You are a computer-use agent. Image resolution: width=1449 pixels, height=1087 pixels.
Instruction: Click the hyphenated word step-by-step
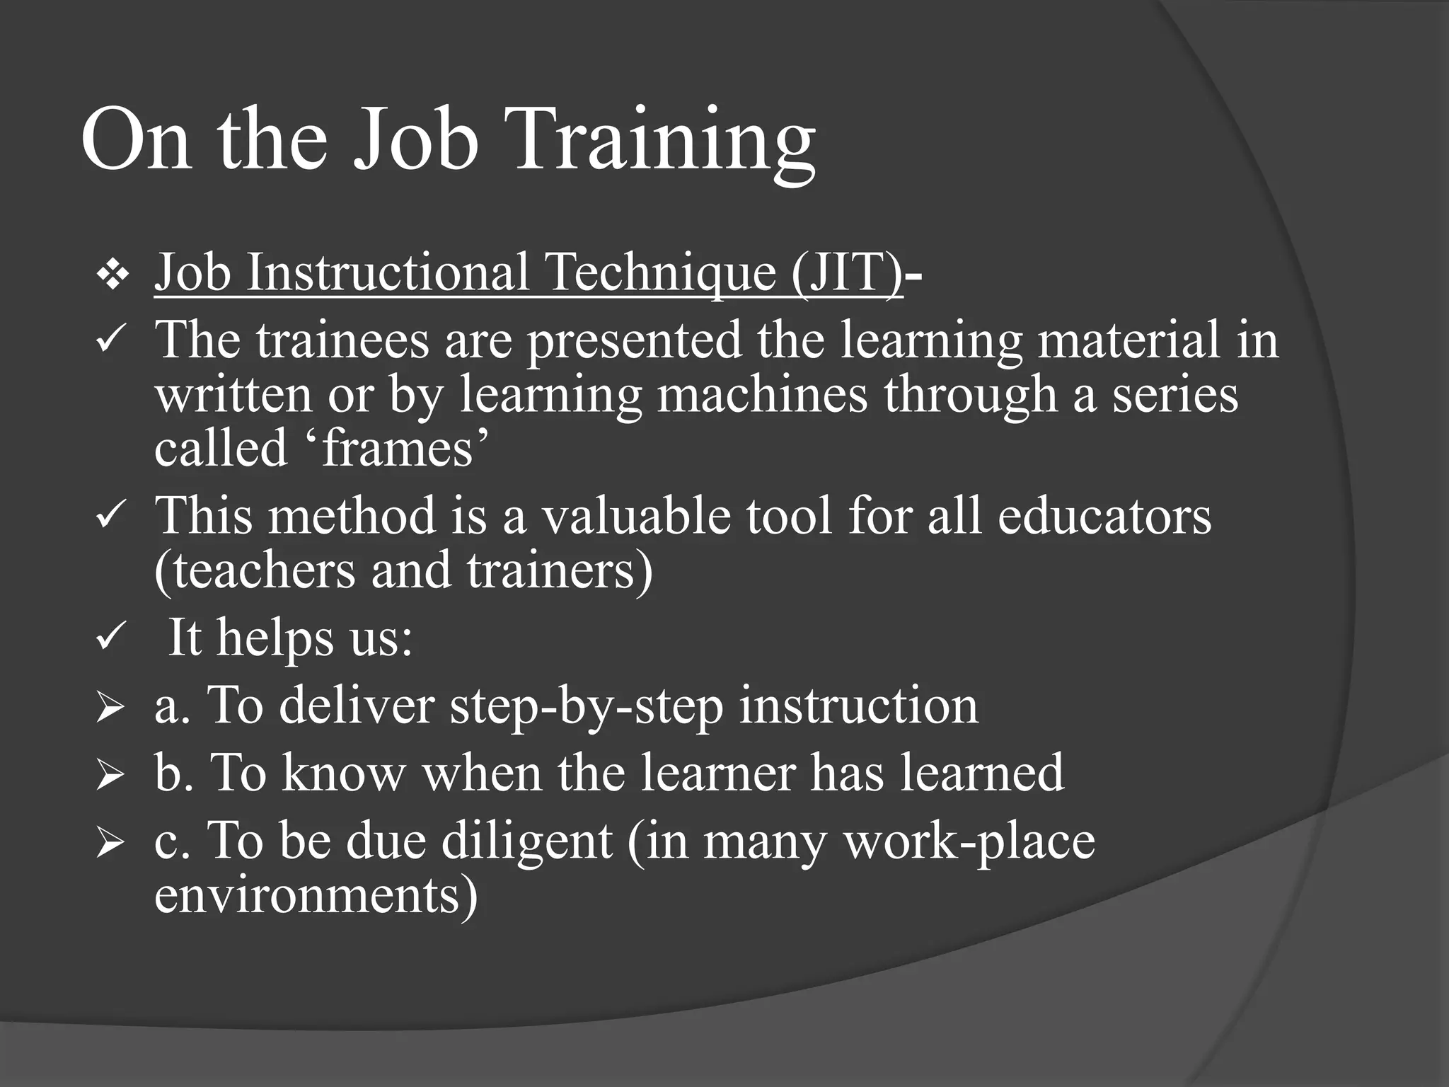pos(586,706)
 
